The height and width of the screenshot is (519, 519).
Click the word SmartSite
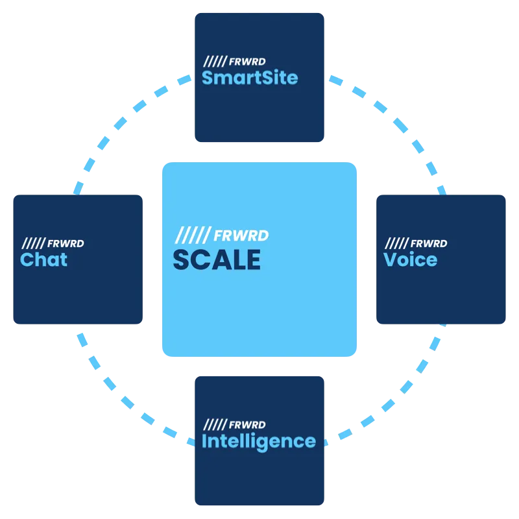(250, 78)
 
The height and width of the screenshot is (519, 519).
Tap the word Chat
(43, 259)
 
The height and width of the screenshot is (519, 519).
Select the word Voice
(410, 259)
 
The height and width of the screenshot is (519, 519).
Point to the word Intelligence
(259, 441)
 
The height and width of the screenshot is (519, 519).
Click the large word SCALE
(217, 259)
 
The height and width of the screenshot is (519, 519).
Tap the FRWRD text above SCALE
(241, 235)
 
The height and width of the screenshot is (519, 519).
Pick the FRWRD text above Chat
(66, 243)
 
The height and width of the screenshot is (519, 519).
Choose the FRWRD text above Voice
(429, 243)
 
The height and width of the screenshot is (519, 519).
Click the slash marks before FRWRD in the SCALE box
(193, 235)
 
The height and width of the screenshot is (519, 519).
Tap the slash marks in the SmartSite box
(213, 62)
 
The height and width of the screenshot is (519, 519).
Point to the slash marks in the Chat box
(32, 243)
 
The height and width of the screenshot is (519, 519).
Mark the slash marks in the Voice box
(395, 243)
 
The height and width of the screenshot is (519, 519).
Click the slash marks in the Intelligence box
(213, 425)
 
